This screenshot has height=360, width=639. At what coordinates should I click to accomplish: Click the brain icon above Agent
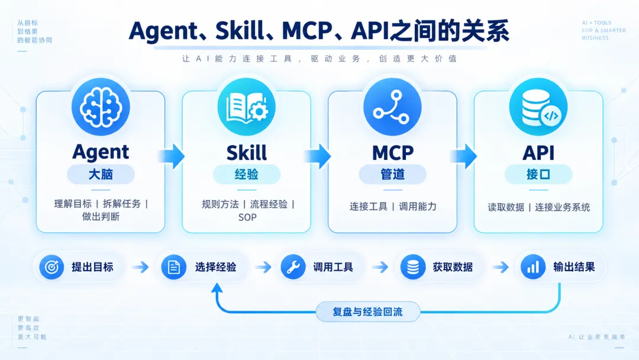pos(101,107)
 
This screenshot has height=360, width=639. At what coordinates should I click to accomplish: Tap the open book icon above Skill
pos(247,107)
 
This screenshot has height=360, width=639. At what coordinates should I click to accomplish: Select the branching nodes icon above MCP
pos(392,107)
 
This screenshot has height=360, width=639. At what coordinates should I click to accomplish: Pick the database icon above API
pos(538,107)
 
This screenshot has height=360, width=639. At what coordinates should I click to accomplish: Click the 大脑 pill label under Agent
pos(101,175)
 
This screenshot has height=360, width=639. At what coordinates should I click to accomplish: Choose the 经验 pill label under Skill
pos(247,175)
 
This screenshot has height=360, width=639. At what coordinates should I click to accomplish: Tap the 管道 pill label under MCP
pos(392,175)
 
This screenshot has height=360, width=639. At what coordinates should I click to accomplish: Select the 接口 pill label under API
pos(538,175)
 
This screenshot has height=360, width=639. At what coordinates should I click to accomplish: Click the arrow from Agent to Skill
pos(171,156)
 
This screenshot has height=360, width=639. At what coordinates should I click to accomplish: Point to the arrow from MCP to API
pos(463,156)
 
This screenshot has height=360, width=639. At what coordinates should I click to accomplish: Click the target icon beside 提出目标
pos(51,267)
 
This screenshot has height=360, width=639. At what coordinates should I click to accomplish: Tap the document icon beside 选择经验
pos(173,267)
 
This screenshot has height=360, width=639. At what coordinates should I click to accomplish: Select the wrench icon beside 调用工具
pos(293,267)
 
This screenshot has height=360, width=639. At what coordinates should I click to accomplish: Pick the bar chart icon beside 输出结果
pos(533,267)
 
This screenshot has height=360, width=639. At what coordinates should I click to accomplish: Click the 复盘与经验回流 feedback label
pos(367,312)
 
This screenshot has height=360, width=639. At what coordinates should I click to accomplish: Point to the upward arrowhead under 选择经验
pos(217,288)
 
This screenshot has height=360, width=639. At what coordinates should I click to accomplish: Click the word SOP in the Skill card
pos(247,217)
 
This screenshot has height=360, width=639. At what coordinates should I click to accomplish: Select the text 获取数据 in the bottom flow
pos(453,267)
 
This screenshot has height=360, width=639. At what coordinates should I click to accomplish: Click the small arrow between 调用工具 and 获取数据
pos(380,267)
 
